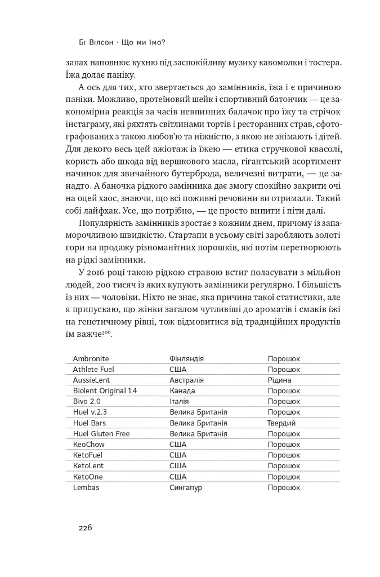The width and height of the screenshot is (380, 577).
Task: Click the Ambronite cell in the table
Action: (x=91, y=358)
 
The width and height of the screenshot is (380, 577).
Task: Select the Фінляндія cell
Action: (x=186, y=358)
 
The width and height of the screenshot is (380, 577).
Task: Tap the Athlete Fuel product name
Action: (x=93, y=369)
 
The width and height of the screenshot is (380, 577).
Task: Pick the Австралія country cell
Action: (x=186, y=380)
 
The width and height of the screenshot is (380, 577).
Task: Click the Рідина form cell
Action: (x=280, y=380)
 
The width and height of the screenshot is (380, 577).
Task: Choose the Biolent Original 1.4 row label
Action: (x=105, y=390)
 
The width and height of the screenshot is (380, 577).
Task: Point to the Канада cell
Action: (x=182, y=390)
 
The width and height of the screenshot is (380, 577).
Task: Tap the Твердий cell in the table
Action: (x=281, y=423)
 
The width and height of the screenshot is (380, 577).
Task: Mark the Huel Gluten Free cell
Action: (x=101, y=433)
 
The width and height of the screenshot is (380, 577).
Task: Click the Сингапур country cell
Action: (x=185, y=487)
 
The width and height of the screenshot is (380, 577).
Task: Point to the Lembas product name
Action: (x=86, y=487)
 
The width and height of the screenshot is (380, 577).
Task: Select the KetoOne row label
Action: (x=88, y=476)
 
